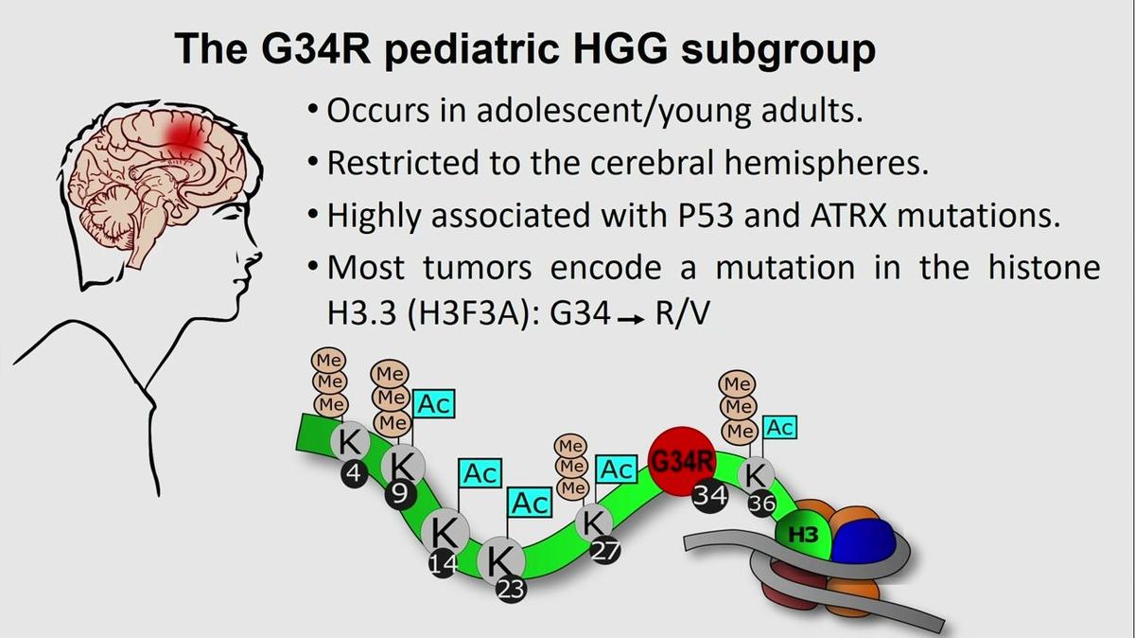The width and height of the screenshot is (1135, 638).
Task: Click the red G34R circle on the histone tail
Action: tap(682, 460)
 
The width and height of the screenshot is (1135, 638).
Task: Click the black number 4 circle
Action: tap(354, 474)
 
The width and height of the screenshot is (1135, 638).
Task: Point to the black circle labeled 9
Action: tap(400, 494)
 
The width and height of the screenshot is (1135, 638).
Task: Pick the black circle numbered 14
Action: tap(444, 563)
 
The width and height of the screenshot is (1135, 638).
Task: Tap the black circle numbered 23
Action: tap(512, 590)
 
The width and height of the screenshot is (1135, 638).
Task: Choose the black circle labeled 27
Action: tap(605, 551)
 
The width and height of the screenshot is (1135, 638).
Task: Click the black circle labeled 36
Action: tap(762, 503)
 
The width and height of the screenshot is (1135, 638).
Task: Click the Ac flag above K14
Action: tap(480, 473)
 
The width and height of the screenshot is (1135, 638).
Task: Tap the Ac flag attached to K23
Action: tap(530, 503)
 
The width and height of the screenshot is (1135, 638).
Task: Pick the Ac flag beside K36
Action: tap(779, 428)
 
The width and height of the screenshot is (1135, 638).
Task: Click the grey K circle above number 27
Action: tap(593, 523)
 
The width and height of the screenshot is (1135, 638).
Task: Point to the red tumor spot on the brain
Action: tap(183, 133)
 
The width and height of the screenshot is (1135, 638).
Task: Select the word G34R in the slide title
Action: tap(316, 48)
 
